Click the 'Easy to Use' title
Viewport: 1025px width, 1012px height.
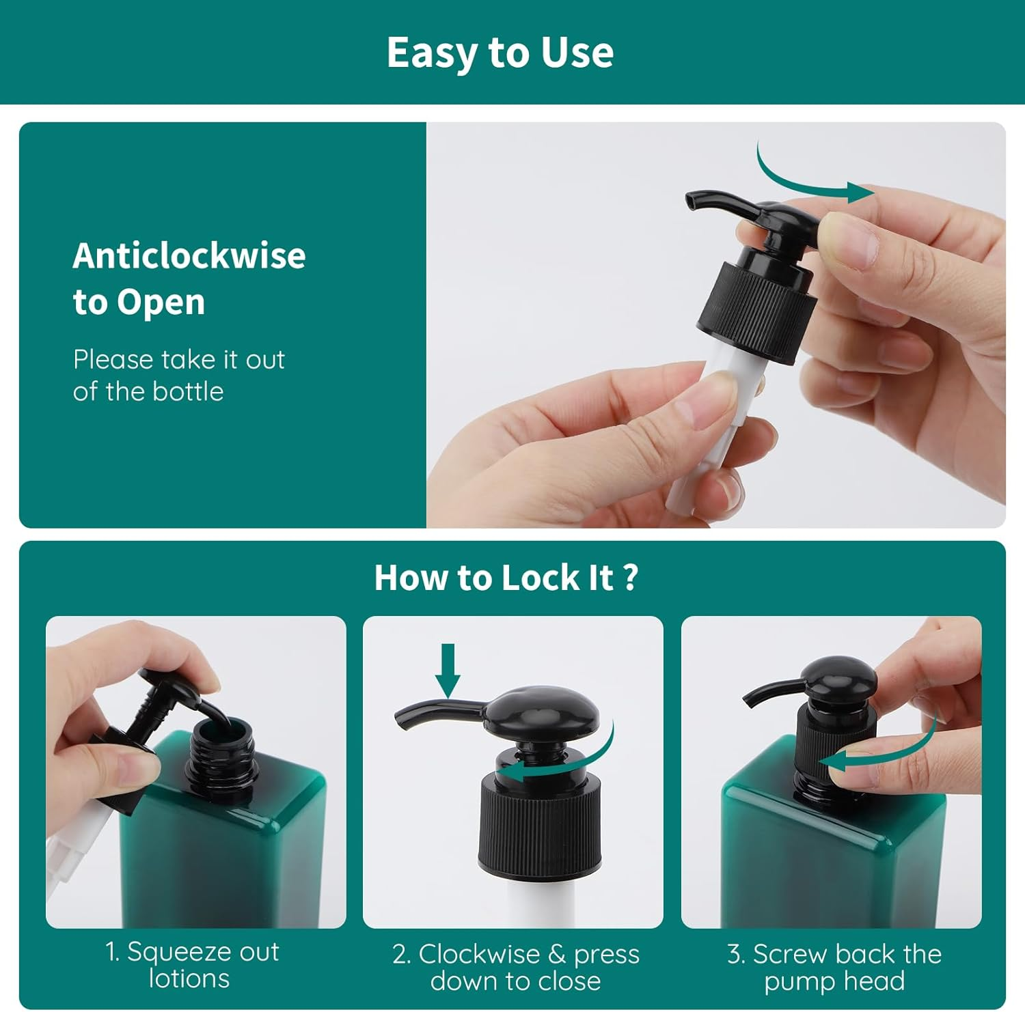click(500, 53)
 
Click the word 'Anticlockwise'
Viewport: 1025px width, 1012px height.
click(189, 255)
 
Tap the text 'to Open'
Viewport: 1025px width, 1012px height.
click(139, 303)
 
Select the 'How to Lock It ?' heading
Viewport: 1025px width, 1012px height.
click(506, 578)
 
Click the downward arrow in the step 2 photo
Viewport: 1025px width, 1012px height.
click(448, 671)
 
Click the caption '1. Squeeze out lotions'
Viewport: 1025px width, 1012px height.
click(192, 965)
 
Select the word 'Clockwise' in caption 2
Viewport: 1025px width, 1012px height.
click(479, 954)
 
